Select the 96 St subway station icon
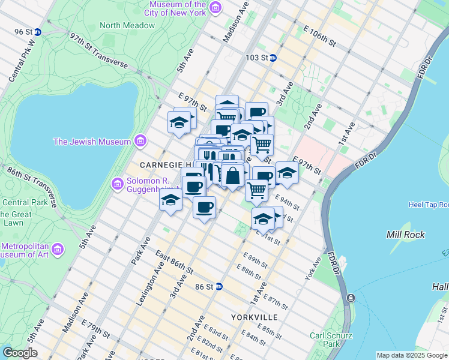[x=38, y=32]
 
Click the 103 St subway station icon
[x=273, y=58]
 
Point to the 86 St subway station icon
[x=219, y=287]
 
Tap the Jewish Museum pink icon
[x=141, y=142]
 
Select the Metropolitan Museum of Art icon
[x=58, y=248]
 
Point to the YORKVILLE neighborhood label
[x=254, y=316]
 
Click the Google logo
[x=20, y=353]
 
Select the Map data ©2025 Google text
[x=412, y=355]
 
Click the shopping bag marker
[x=233, y=176]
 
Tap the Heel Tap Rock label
[x=428, y=205]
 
